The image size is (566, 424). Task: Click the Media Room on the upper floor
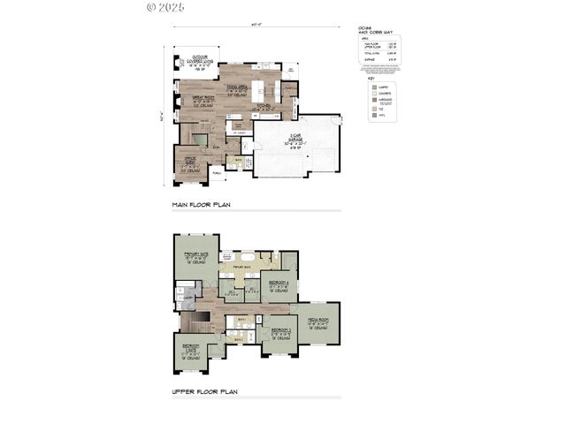tap(317, 322)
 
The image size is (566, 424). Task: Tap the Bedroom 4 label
tap(279, 284)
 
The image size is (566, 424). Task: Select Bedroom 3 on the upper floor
tap(279, 334)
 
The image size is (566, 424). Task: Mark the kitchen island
tap(262, 92)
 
